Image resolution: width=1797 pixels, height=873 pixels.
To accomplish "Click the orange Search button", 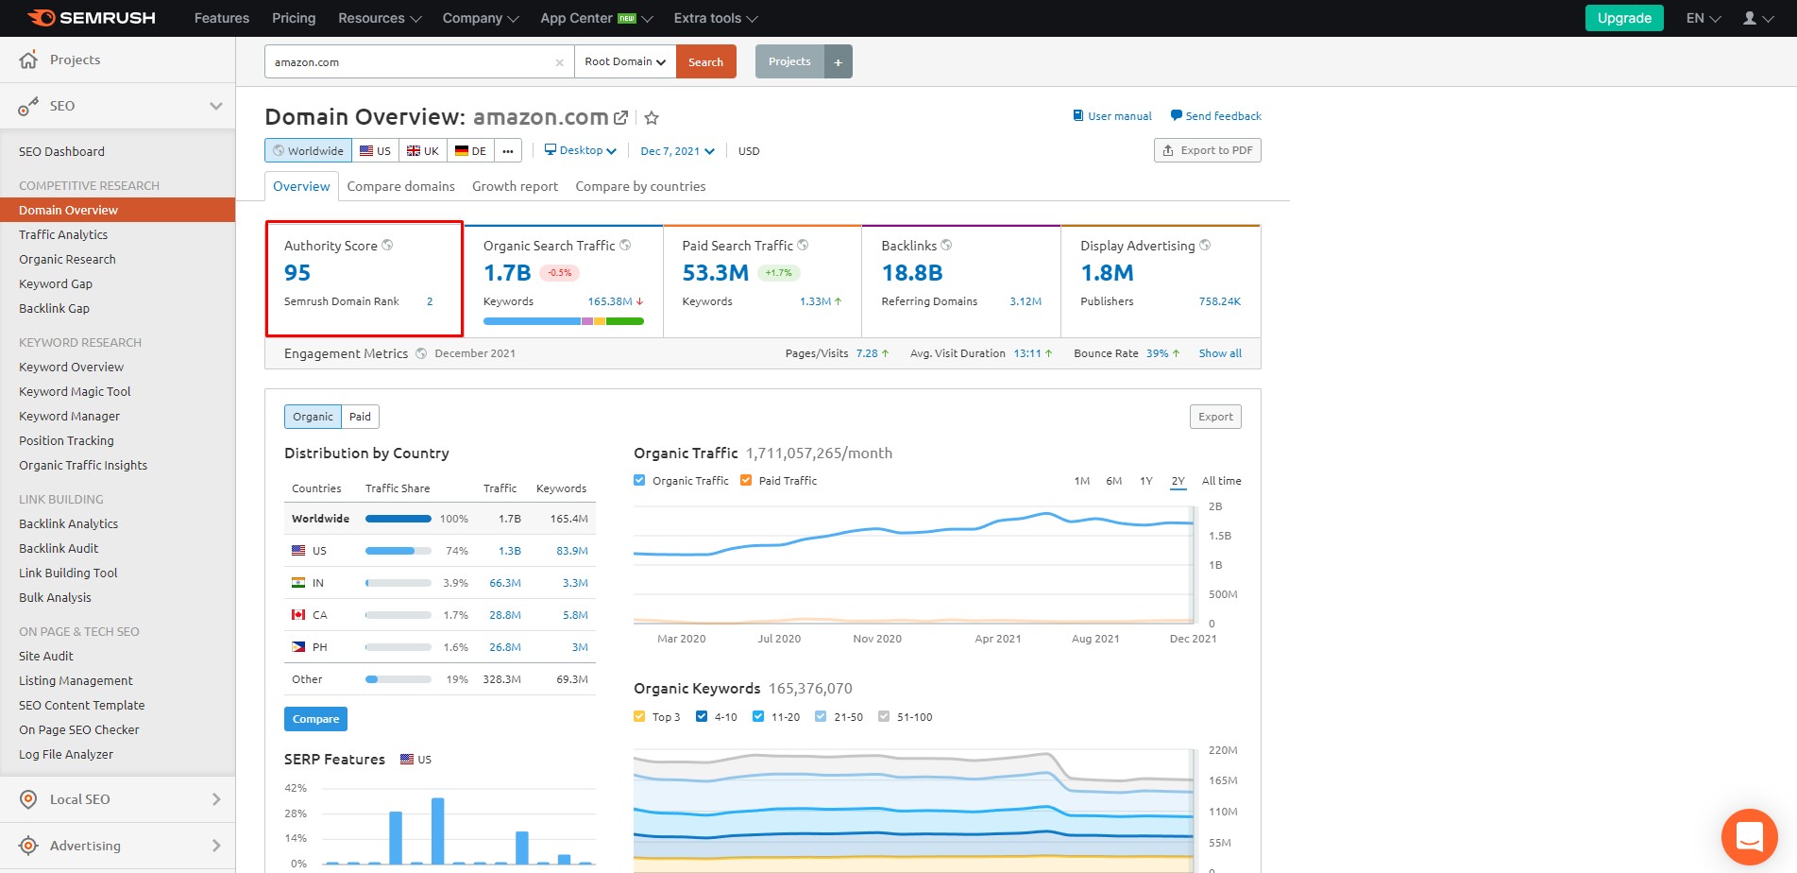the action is [705, 61].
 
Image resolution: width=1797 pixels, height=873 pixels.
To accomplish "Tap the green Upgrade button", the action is [1624, 18].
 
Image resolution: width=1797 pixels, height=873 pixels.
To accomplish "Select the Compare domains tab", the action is [400, 186].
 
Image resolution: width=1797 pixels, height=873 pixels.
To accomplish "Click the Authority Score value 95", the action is [297, 273].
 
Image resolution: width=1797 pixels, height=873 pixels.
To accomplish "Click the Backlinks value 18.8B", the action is [912, 273].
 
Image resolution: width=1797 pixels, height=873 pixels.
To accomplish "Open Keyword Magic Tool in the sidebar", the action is [75, 391].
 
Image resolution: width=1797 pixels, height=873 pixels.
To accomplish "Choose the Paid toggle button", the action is [360, 417].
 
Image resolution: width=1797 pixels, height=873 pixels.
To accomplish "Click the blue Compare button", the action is [315, 719].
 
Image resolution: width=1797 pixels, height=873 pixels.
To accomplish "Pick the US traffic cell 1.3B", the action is [510, 551].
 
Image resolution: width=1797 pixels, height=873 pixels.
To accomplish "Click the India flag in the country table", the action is [298, 583].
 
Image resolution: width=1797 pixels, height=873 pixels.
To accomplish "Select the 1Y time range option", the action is [1146, 481].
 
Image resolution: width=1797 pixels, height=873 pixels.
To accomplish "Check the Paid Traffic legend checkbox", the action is [746, 480].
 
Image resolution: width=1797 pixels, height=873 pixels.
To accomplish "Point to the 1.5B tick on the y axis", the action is [1220, 536].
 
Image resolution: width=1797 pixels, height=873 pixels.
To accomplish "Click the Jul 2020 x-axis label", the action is [779, 639].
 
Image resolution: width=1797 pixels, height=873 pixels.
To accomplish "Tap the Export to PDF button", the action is [1208, 150].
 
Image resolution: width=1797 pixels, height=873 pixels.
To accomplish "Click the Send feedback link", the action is [1216, 116].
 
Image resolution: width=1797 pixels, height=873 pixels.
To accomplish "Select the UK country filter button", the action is [422, 150].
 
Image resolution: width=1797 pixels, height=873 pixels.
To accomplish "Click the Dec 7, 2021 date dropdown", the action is [677, 151].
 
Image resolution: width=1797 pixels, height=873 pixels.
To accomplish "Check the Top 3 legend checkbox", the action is [639, 716].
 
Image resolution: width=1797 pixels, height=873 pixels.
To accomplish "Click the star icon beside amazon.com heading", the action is [652, 118].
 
